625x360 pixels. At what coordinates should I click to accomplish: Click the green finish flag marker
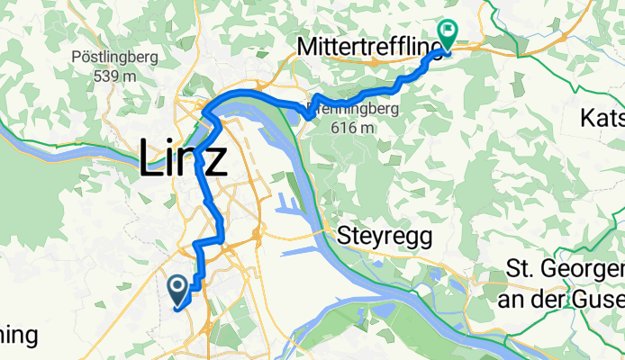coord(447,30)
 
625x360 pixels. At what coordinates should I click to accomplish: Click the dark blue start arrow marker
coord(177,288)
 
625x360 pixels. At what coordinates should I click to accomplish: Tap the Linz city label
coord(184,160)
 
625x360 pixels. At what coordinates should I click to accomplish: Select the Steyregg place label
coord(386,238)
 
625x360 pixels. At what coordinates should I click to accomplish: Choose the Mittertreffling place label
coord(370,45)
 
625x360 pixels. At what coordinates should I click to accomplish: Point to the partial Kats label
coord(603,119)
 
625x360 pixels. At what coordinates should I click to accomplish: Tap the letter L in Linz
coord(151,160)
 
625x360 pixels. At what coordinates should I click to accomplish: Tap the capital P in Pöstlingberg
coord(76,57)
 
